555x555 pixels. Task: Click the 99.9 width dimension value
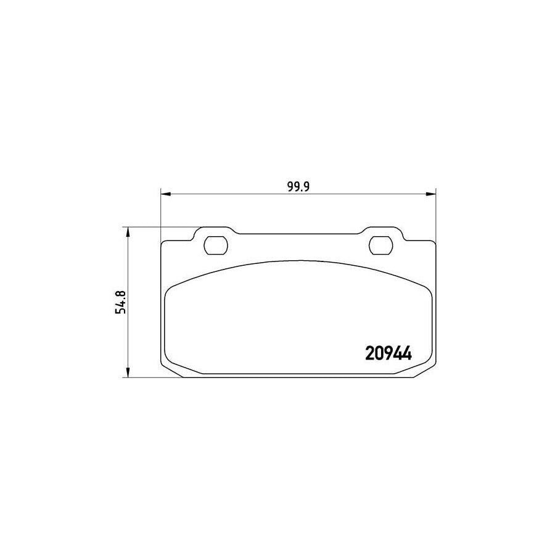click(298, 186)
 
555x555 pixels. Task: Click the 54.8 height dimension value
click(120, 302)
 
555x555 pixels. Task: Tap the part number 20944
click(388, 353)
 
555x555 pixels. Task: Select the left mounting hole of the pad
click(216, 245)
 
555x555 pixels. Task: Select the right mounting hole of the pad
click(380, 245)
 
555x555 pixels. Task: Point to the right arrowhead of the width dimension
click(431, 194)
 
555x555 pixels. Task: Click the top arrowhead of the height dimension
click(128, 232)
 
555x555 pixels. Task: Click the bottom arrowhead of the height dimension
click(128, 372)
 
